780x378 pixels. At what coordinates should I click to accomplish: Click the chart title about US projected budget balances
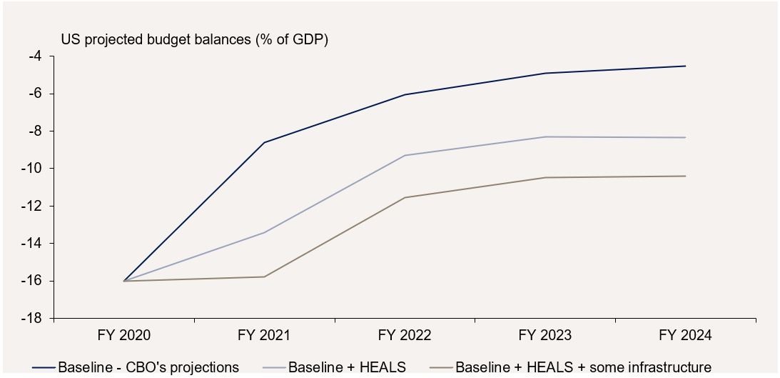coord(194,40)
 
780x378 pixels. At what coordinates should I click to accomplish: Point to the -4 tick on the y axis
coord(34,56)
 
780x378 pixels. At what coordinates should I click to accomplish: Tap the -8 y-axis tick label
coord(34,131)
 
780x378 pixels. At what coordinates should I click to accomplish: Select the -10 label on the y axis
coord(31,169)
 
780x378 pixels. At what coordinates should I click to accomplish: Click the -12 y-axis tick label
coord(31,206)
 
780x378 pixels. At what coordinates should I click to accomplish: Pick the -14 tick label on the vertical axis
coord(31,243)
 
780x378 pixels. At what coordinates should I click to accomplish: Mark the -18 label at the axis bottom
coord(31,318)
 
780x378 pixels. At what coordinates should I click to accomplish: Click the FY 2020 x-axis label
coord(124,335)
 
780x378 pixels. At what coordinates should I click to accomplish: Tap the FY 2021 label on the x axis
coord(264,335)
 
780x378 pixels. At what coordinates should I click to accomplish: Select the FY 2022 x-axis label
coord(405,335)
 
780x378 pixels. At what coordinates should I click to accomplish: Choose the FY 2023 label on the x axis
coord(545,335)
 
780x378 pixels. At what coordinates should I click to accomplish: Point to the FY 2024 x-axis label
coord(685,335)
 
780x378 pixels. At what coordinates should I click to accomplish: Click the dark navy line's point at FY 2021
coord(264,142)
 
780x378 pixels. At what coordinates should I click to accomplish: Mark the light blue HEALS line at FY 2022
coord(405,155)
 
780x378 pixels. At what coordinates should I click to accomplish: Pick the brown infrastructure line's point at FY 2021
coord(264,277)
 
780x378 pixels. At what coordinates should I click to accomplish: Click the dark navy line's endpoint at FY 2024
coord(685,66)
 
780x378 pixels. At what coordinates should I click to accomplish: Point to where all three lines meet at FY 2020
coord(124,281)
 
